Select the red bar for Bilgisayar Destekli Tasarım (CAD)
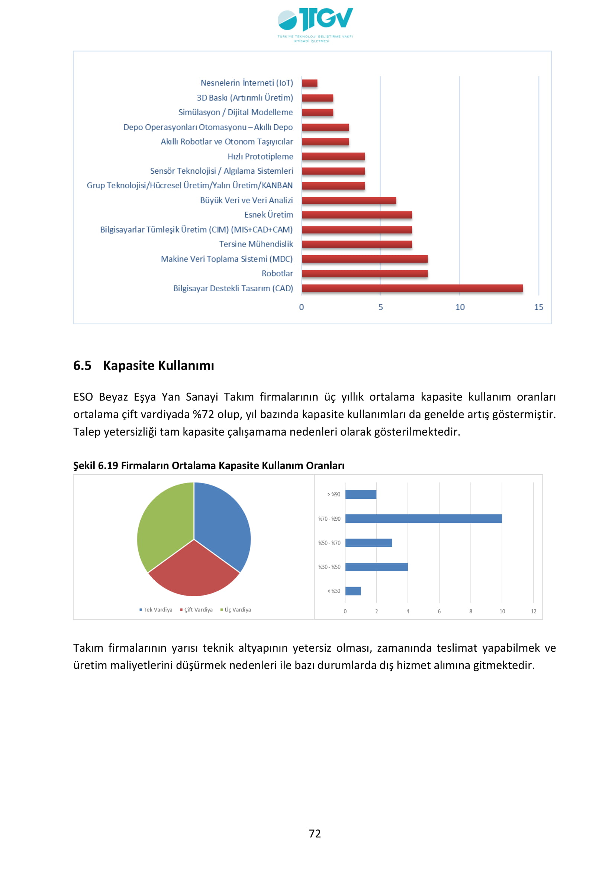pos(412,288)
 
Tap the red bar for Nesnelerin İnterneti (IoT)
pos(309,83)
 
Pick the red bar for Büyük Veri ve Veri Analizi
pos(349,200)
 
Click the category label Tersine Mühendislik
pos(256,244)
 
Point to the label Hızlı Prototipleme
pos(260,157)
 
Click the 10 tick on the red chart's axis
pos(460,307)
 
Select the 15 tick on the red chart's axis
pos(538,307)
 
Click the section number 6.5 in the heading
pos(82,366)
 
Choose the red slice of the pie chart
pos(194,570)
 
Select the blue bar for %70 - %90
pos(424,519)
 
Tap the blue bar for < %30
pos(353,591)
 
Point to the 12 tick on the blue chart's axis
pos(533,611)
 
